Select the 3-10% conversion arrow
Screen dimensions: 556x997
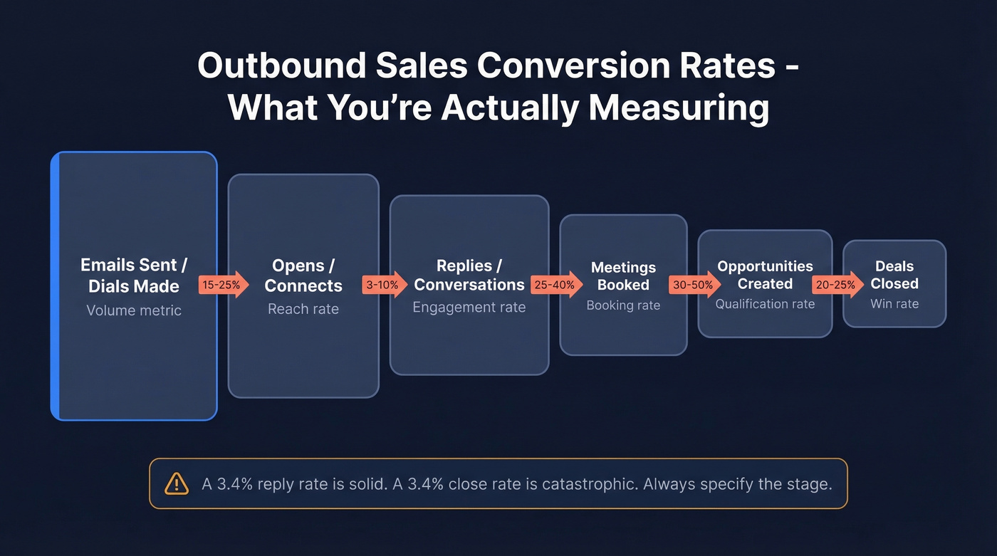(x=384, y=285)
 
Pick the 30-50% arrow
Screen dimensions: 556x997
(x=692, y=285)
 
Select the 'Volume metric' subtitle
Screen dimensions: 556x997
(x=134, y=310)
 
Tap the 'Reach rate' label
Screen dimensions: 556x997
(x=303, y=309)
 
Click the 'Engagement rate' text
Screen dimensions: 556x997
(x=469, y=308)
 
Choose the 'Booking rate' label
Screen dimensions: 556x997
(x=623, y=305)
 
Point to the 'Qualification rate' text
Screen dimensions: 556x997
(x=765, y=304)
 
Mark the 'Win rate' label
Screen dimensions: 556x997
(x=894, y=304)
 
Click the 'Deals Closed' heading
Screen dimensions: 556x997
(x=894, y=275)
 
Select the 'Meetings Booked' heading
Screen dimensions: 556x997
(x=623, y=276)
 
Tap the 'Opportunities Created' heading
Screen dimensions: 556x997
(x=765, y=275)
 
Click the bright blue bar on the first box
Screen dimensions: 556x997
(x=55, y=285)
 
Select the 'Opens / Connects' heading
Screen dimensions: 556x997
(x=303, y=276)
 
